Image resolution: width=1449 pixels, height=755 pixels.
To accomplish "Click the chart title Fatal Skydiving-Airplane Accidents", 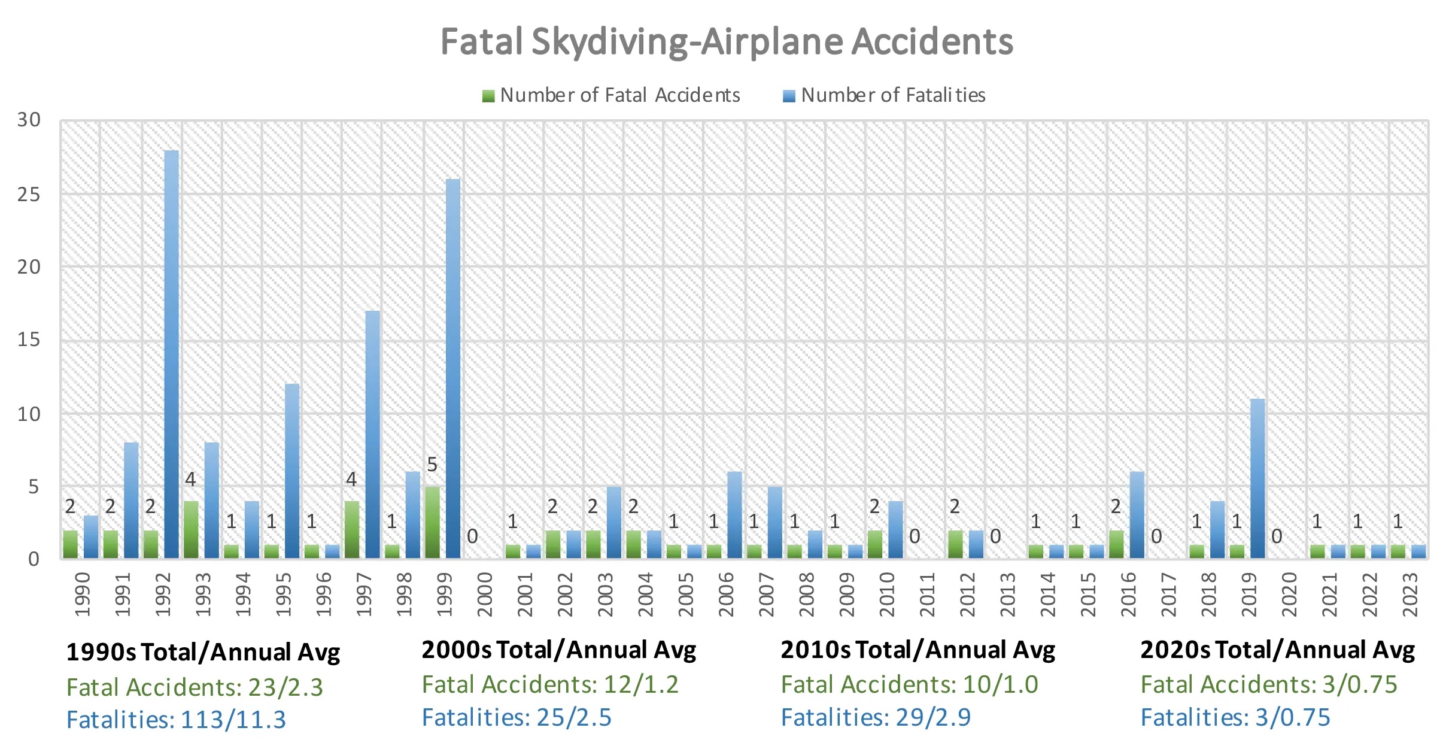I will click(x=727, y=42).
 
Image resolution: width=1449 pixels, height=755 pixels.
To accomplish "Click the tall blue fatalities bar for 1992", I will click(x=171, y=353).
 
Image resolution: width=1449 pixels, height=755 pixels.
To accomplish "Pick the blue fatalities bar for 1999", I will click(x=453, y=368).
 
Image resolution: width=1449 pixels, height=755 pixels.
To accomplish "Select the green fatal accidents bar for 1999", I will click(x=432, y=522).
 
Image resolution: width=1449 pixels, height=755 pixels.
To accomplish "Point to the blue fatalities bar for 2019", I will click(x=1257, y=479).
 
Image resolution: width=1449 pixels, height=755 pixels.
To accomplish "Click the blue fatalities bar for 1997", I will click(x=372, y=434).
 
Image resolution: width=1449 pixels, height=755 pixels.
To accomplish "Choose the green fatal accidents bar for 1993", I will click(x=191, y=529).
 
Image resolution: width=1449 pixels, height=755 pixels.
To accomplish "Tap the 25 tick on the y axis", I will click(x=29, y=195).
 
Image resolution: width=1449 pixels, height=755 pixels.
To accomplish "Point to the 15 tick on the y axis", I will click(x=29, y=340).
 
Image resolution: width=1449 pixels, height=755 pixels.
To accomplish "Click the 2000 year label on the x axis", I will click(x=485, y=594).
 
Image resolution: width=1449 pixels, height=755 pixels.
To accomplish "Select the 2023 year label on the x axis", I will click(x=1411, y=594).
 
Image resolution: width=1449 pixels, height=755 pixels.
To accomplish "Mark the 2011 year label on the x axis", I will click(x=928, y=594).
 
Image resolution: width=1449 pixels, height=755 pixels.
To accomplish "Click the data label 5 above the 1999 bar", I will click(x=432, y=465).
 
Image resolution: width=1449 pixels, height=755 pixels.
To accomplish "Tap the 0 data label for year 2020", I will click(x=1277, y=536).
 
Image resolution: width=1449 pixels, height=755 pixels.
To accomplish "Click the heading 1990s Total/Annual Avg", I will click(x=203, y=652).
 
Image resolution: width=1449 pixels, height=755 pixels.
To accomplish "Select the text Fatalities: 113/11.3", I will click(x=176, y=720).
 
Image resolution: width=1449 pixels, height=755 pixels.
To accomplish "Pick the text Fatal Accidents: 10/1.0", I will click(x=909, y=684).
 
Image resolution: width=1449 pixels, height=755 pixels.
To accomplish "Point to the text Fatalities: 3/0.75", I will click(x=1235, y=717).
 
